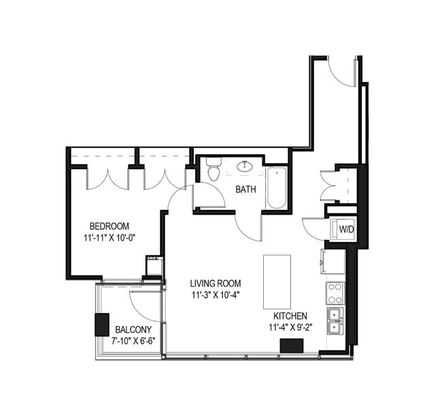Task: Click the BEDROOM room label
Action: pyautogui.click(x=109, y=226)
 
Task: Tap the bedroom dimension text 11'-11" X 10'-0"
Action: pyautogui.click(x=109, y=238)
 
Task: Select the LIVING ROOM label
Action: pyautogui.click(x=216, y=283)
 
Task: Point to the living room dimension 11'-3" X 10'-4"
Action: pyautogui.click(x=216, y=295)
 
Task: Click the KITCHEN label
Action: pyautogui.click(x=290, y=317)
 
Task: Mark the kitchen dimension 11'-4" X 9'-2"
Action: pyautogui.click(x=290, y=328)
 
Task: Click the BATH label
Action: pyautogui.click(x=245, y=190)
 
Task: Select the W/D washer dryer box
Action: pyautogui.click(x=346, y=230)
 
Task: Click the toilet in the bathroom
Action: pyautogui.click(x=214, y=170)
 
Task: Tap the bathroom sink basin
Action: pyautogui.click(x=245, y=166)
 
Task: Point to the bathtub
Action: pyautogui.click(x=276, y=187)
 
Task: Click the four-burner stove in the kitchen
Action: pyautogui.click(x=335, y=293)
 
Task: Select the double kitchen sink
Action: pyautogui.click(x=335, y=321)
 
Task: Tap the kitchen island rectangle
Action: pyautogui.click(x=277, y=281)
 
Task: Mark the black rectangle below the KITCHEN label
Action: pyautogui.click(x=292, y=344)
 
